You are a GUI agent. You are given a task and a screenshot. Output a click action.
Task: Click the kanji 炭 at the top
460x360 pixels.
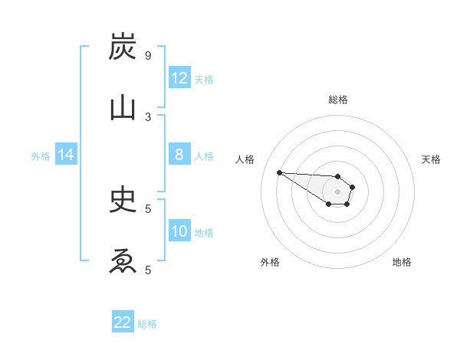[x=123, y=48]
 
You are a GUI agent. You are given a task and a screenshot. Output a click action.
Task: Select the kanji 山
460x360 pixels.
[x=123, y=108]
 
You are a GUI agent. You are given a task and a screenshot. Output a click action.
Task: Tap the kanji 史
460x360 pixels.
[x=123, y=200]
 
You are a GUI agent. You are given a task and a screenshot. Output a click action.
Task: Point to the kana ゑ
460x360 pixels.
[x=123, y=262]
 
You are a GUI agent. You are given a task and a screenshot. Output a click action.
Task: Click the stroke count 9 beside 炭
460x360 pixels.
[x=147, y=56]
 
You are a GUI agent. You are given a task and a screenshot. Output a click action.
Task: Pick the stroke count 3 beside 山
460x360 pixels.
[x=147, y=116]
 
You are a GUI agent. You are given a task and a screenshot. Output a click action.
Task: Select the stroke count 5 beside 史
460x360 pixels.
[x=147, y=208]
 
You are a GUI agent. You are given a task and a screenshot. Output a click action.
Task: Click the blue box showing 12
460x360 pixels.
[x=179, y=78]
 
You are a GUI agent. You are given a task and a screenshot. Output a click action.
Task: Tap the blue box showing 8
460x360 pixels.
[x=179, y=155]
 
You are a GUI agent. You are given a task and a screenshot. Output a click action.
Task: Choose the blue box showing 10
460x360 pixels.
[x=179, y=231]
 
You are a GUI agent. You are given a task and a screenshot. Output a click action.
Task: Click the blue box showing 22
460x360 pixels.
[x=123, y=322]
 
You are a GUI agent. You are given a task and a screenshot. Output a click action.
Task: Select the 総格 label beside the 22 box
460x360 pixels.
[x=148, y=324]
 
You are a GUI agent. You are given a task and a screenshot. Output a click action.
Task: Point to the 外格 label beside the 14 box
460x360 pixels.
[x=41, y=156]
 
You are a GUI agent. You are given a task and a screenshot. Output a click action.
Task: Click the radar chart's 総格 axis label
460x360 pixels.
[x=337, y=100]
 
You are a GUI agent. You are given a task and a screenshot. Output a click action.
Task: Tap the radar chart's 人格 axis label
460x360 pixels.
[x=245, y=159]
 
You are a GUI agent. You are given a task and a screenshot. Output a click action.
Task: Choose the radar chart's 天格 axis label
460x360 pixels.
[x=431, y=159]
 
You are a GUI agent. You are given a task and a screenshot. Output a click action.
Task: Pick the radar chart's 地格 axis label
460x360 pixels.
[x=402, y=262]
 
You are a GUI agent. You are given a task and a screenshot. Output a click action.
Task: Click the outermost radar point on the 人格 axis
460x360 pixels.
[x=279, y=172]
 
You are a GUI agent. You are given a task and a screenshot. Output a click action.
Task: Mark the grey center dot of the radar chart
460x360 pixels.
[x=337, y=191]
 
